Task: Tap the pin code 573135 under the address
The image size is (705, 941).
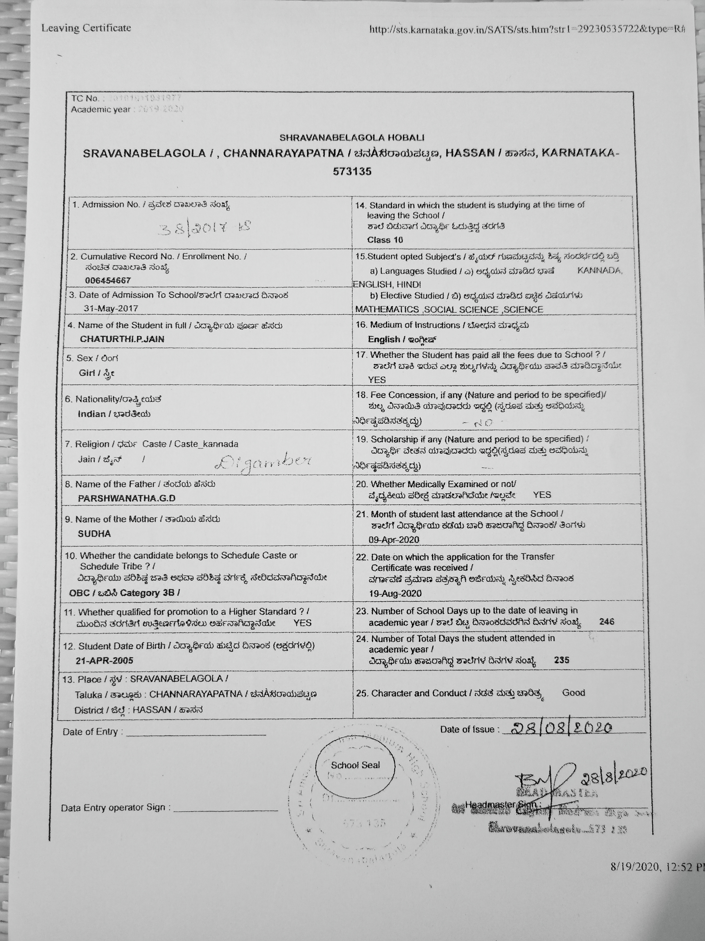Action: click(352, 172)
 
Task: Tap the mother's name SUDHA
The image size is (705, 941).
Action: click(94, 533)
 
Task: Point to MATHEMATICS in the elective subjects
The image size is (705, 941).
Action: click(387, 310)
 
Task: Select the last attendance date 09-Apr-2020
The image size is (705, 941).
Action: click(394, 540)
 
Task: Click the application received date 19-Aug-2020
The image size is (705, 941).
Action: click(395, 593)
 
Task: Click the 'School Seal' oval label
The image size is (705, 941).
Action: click(355, 765)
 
